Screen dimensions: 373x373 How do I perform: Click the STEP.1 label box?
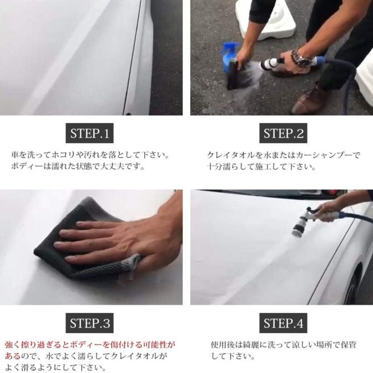(89, 133)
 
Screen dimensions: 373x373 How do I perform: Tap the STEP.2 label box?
(283, 133)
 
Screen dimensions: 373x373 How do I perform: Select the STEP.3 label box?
(89, 323)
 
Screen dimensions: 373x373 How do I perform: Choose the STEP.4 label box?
(283, 323)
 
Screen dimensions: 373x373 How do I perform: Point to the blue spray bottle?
(229, 57)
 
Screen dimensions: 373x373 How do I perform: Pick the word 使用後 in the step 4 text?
(223, 345)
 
